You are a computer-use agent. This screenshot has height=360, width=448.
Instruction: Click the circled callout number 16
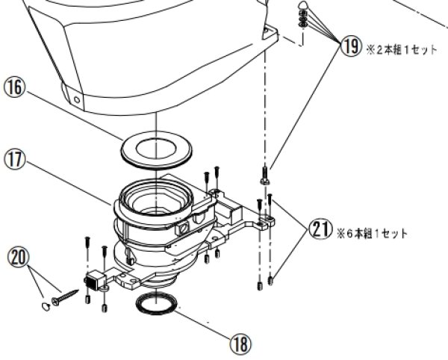click(x=13, y=87)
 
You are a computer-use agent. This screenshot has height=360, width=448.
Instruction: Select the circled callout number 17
click(x=13, y=160)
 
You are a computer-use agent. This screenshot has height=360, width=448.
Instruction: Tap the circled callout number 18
click(x=240, y=344)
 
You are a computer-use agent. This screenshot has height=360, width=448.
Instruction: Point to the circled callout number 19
click(x=351, y=46)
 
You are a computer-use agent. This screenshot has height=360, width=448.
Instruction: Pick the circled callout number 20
click(x=19, y=257)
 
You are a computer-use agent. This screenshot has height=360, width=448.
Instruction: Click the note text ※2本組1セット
click(x=402, y=50)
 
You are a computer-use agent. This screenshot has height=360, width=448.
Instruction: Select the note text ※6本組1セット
click(x=373, y=234)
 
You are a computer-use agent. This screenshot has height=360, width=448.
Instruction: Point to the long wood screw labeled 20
click(x=65, y=297)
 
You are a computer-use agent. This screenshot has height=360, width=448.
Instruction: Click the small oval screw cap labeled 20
click(x=46, y=306)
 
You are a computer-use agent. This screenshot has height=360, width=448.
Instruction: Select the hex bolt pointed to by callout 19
click(x=264, y=176)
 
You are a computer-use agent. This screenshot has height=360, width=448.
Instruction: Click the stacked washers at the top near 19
click(x=303, y=19)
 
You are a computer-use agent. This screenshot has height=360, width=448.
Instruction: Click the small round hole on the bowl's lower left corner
click(x=77, y=100)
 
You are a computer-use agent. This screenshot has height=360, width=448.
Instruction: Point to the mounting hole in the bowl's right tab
click(x=267, y=29)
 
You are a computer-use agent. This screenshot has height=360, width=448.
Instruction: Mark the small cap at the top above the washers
click(x=303, y=5)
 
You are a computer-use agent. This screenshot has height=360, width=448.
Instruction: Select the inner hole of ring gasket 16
click(x=156, y=149)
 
